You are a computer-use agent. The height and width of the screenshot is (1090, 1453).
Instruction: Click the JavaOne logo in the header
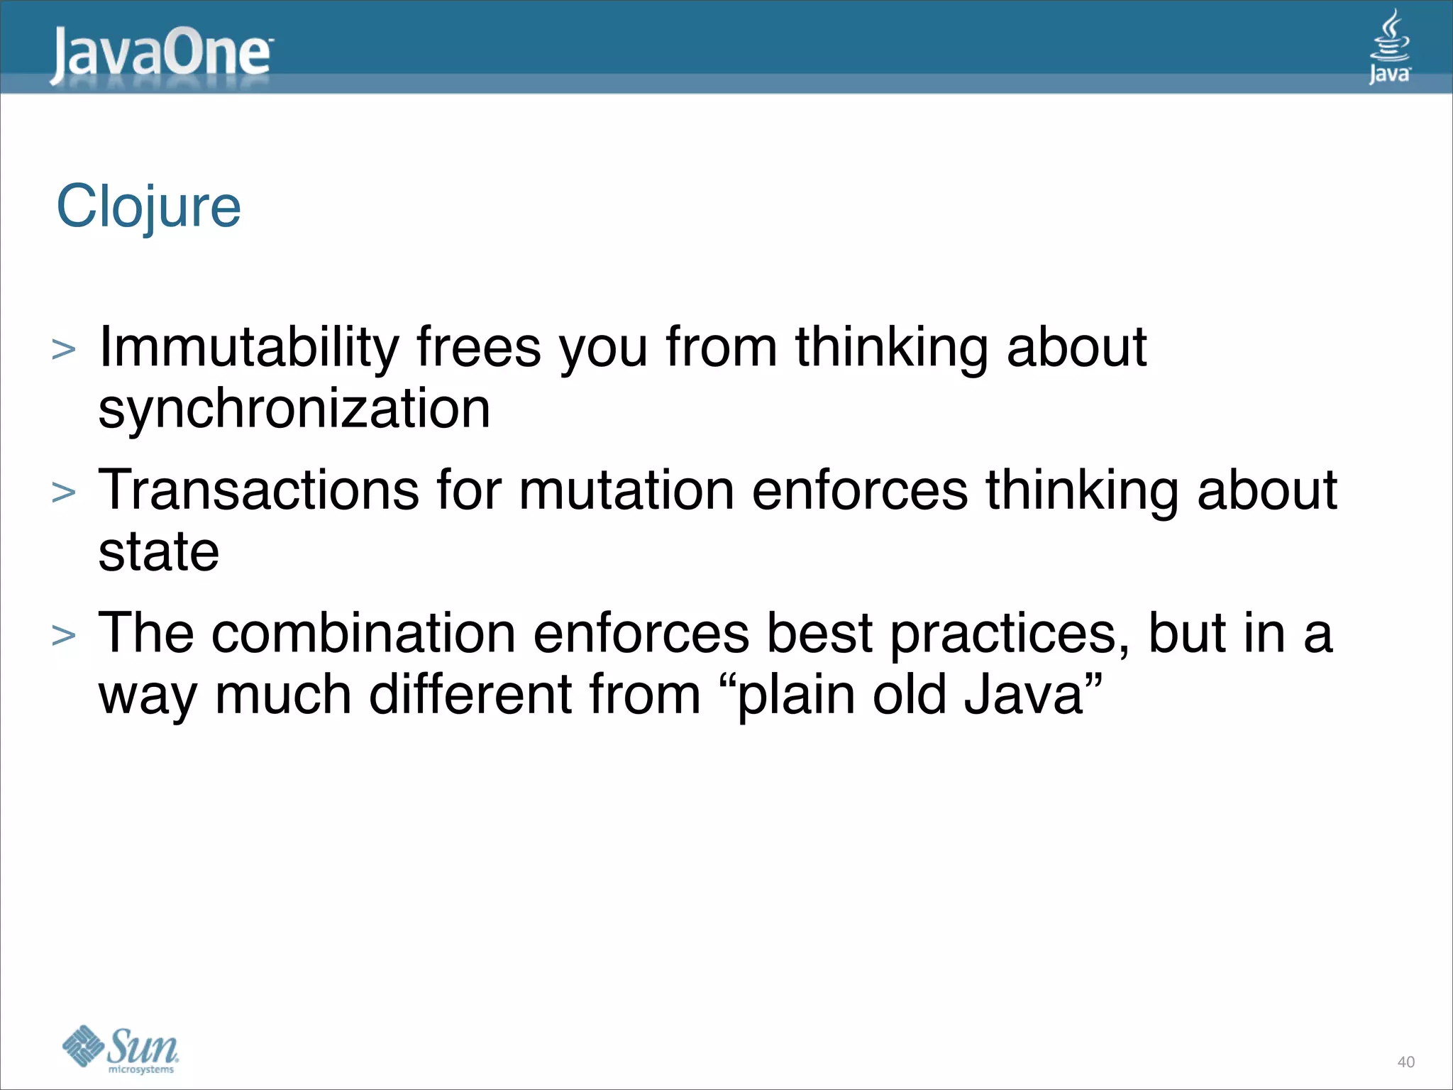point(160,55)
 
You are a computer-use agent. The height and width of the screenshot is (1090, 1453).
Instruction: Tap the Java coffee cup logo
point(1389,47)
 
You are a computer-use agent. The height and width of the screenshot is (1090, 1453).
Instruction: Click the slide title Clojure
point(149,207)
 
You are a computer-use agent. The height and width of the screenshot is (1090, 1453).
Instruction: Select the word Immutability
point(249,348)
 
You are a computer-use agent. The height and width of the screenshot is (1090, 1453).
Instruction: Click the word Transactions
point(258,490)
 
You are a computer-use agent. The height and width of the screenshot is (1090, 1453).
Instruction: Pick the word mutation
point(626,490)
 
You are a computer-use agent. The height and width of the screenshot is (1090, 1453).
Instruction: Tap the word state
point(158,552)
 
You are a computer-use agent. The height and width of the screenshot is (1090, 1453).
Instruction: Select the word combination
point(363,633)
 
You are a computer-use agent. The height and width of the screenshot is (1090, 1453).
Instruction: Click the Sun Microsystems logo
point(121,1050)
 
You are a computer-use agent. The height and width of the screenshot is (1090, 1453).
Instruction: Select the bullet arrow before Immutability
point(64,350)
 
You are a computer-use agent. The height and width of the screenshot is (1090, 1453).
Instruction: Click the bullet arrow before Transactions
point(64,492)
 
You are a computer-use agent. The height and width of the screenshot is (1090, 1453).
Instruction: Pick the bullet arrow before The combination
point(64,635)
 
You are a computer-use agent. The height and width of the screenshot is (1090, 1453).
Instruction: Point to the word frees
point(479,348)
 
